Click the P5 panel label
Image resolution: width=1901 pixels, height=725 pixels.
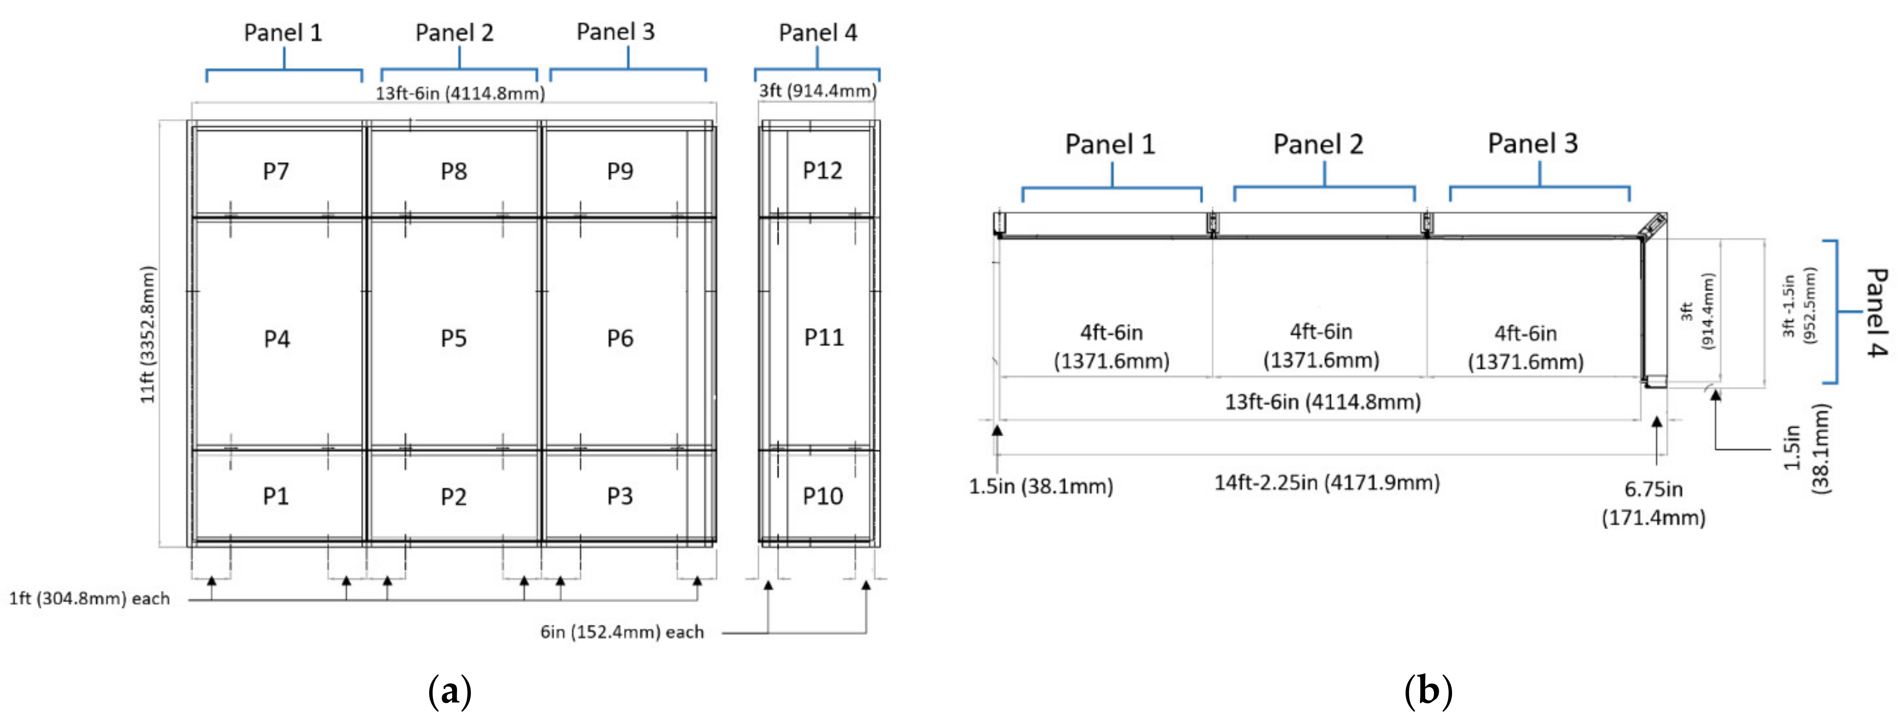pos(453,339)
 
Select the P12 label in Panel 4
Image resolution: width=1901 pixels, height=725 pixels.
pos(822,171)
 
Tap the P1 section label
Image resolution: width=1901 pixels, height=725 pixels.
pos(276,496)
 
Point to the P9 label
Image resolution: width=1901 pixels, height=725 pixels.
pos(620,171)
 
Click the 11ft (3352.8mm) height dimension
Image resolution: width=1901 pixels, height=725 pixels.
pos(148,334)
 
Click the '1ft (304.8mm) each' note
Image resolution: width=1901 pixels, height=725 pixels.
pos(89,598)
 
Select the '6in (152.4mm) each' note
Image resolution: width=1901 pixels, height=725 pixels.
pos(622,632)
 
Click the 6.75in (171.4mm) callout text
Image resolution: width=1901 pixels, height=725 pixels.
pos(1653,503)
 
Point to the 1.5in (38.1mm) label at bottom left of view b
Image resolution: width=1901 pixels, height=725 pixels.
pos(1041,487)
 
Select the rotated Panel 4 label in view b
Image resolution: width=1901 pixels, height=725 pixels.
pos(1875,312)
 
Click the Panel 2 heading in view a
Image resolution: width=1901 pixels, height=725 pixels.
pos(454,33)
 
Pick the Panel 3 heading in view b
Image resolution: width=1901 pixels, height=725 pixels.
pos(1532,143)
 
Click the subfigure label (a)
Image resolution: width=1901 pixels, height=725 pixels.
pos(449,691)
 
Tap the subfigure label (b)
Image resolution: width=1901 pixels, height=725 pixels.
pos(1428,691)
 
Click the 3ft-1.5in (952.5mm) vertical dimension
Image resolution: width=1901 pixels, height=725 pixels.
pos(1798,306)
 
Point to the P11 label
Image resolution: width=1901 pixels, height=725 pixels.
pos(823,338)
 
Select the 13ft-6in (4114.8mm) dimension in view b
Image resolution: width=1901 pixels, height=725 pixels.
pos(1323,402)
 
